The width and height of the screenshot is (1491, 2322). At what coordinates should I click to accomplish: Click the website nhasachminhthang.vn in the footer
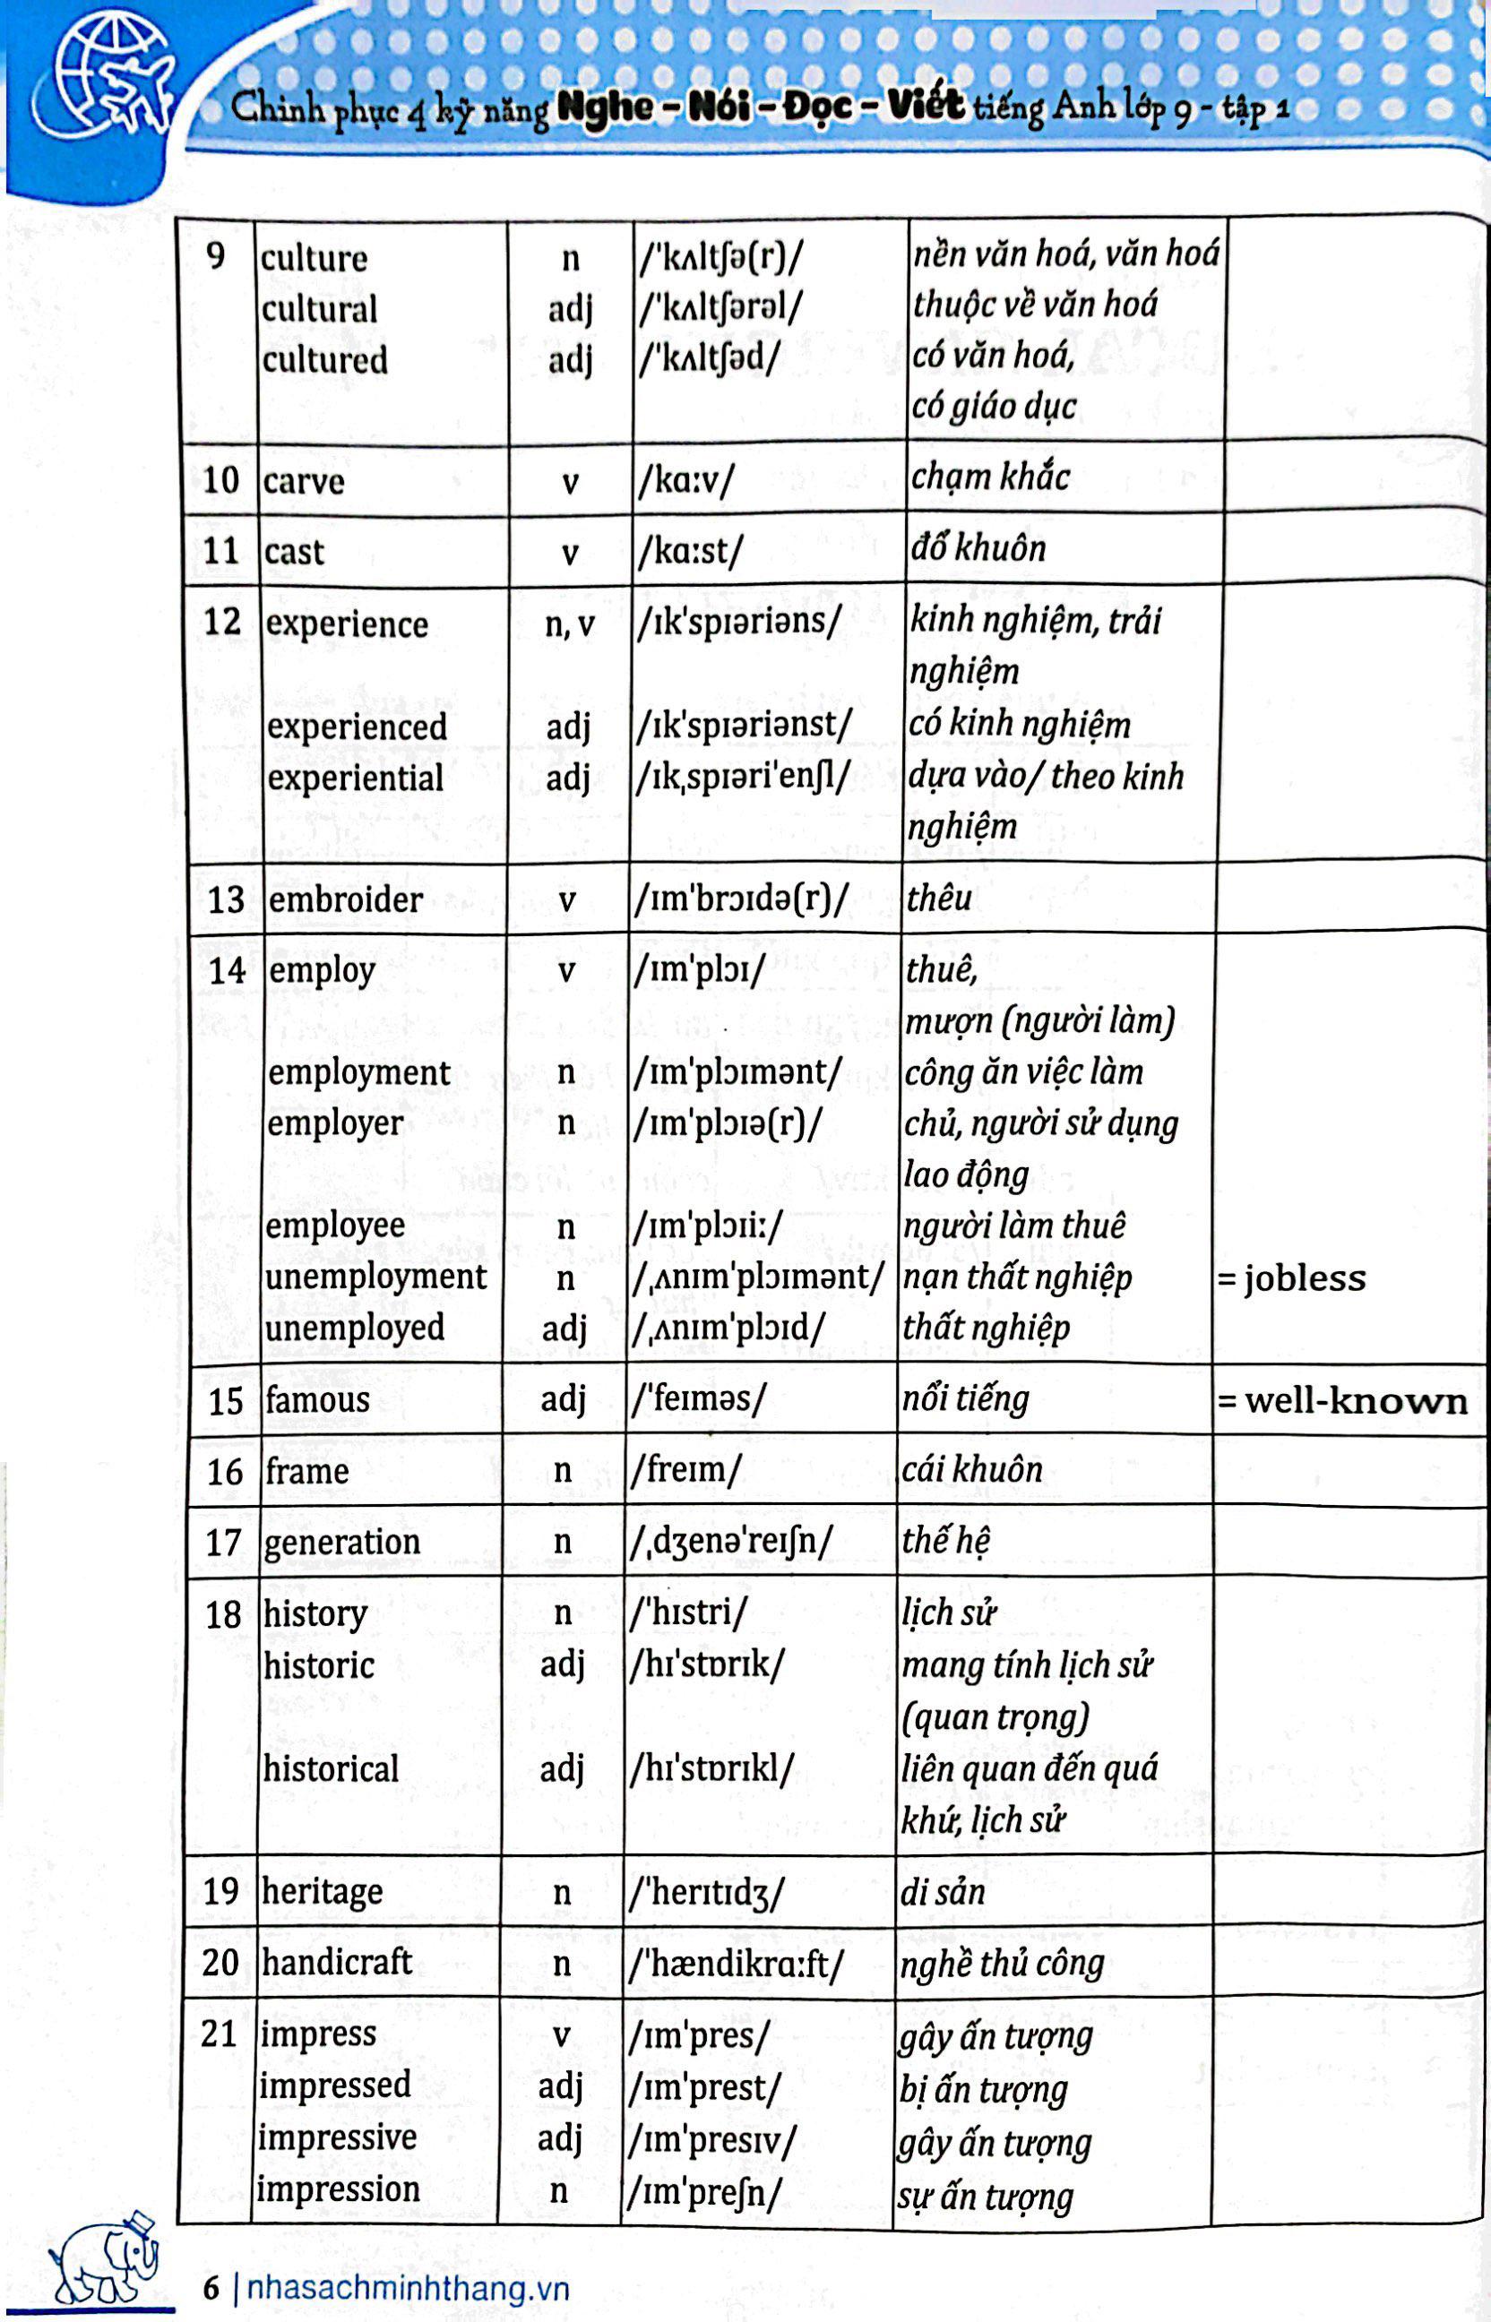pos(408,2289)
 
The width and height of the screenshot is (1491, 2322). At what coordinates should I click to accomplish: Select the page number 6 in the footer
pos(211,2289)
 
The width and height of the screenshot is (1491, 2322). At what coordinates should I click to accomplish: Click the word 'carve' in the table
pos(303,481)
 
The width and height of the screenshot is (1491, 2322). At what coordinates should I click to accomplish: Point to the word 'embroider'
pos(346,900)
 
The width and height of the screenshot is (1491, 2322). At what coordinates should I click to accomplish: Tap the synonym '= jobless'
pos(1291,1278)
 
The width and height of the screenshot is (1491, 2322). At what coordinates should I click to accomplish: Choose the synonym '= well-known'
pos(1343,1400)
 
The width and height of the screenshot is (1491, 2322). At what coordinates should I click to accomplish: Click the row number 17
pos(223,1542)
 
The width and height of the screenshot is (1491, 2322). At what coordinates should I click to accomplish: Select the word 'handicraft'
pos(337,1962)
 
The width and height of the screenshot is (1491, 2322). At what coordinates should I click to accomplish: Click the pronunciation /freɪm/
pos(686,1470)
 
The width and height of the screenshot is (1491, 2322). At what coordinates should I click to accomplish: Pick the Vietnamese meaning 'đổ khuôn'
pos(978,549)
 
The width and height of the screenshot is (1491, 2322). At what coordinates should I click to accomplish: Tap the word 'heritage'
pos(323,1891)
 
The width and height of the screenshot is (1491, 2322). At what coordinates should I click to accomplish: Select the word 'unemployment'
pos(375,1277)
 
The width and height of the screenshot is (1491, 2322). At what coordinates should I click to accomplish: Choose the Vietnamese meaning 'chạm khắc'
pos(989,478)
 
